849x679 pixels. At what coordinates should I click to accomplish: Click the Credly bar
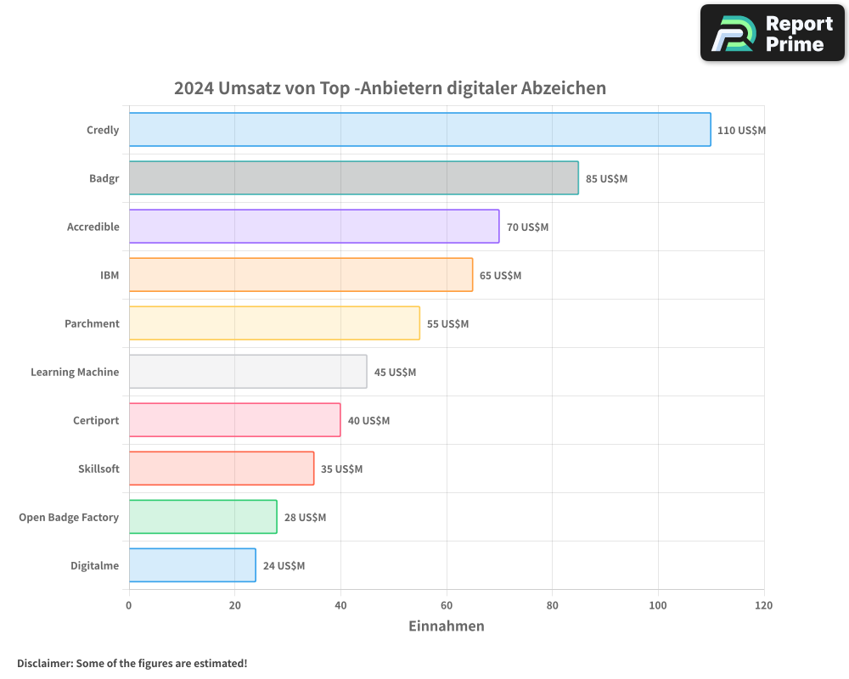419,130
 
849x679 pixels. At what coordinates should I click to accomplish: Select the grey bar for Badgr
353,178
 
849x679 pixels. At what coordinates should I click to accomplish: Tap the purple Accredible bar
314,227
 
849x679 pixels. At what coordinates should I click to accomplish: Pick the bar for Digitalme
192,565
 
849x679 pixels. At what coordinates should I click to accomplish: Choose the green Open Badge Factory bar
203,517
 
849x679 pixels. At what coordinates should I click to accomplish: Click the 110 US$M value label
741,131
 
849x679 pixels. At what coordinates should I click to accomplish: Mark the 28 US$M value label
305,518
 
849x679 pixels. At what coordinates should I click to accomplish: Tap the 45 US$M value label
395,373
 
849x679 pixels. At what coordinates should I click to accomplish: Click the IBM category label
110,275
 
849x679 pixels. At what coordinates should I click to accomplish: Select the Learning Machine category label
75,372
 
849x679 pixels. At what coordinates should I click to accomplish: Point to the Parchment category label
92,323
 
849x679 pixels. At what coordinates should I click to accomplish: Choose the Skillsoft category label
98,469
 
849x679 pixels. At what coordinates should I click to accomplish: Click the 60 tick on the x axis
447,606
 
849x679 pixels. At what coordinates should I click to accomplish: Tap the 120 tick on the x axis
763,606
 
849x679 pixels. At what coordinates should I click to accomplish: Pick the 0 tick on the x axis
129,606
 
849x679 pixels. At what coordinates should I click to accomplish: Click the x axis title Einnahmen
447,626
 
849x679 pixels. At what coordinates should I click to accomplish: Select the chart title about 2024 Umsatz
390,88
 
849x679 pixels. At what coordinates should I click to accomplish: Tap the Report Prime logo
772,33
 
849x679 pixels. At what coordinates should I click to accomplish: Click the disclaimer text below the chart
132,663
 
